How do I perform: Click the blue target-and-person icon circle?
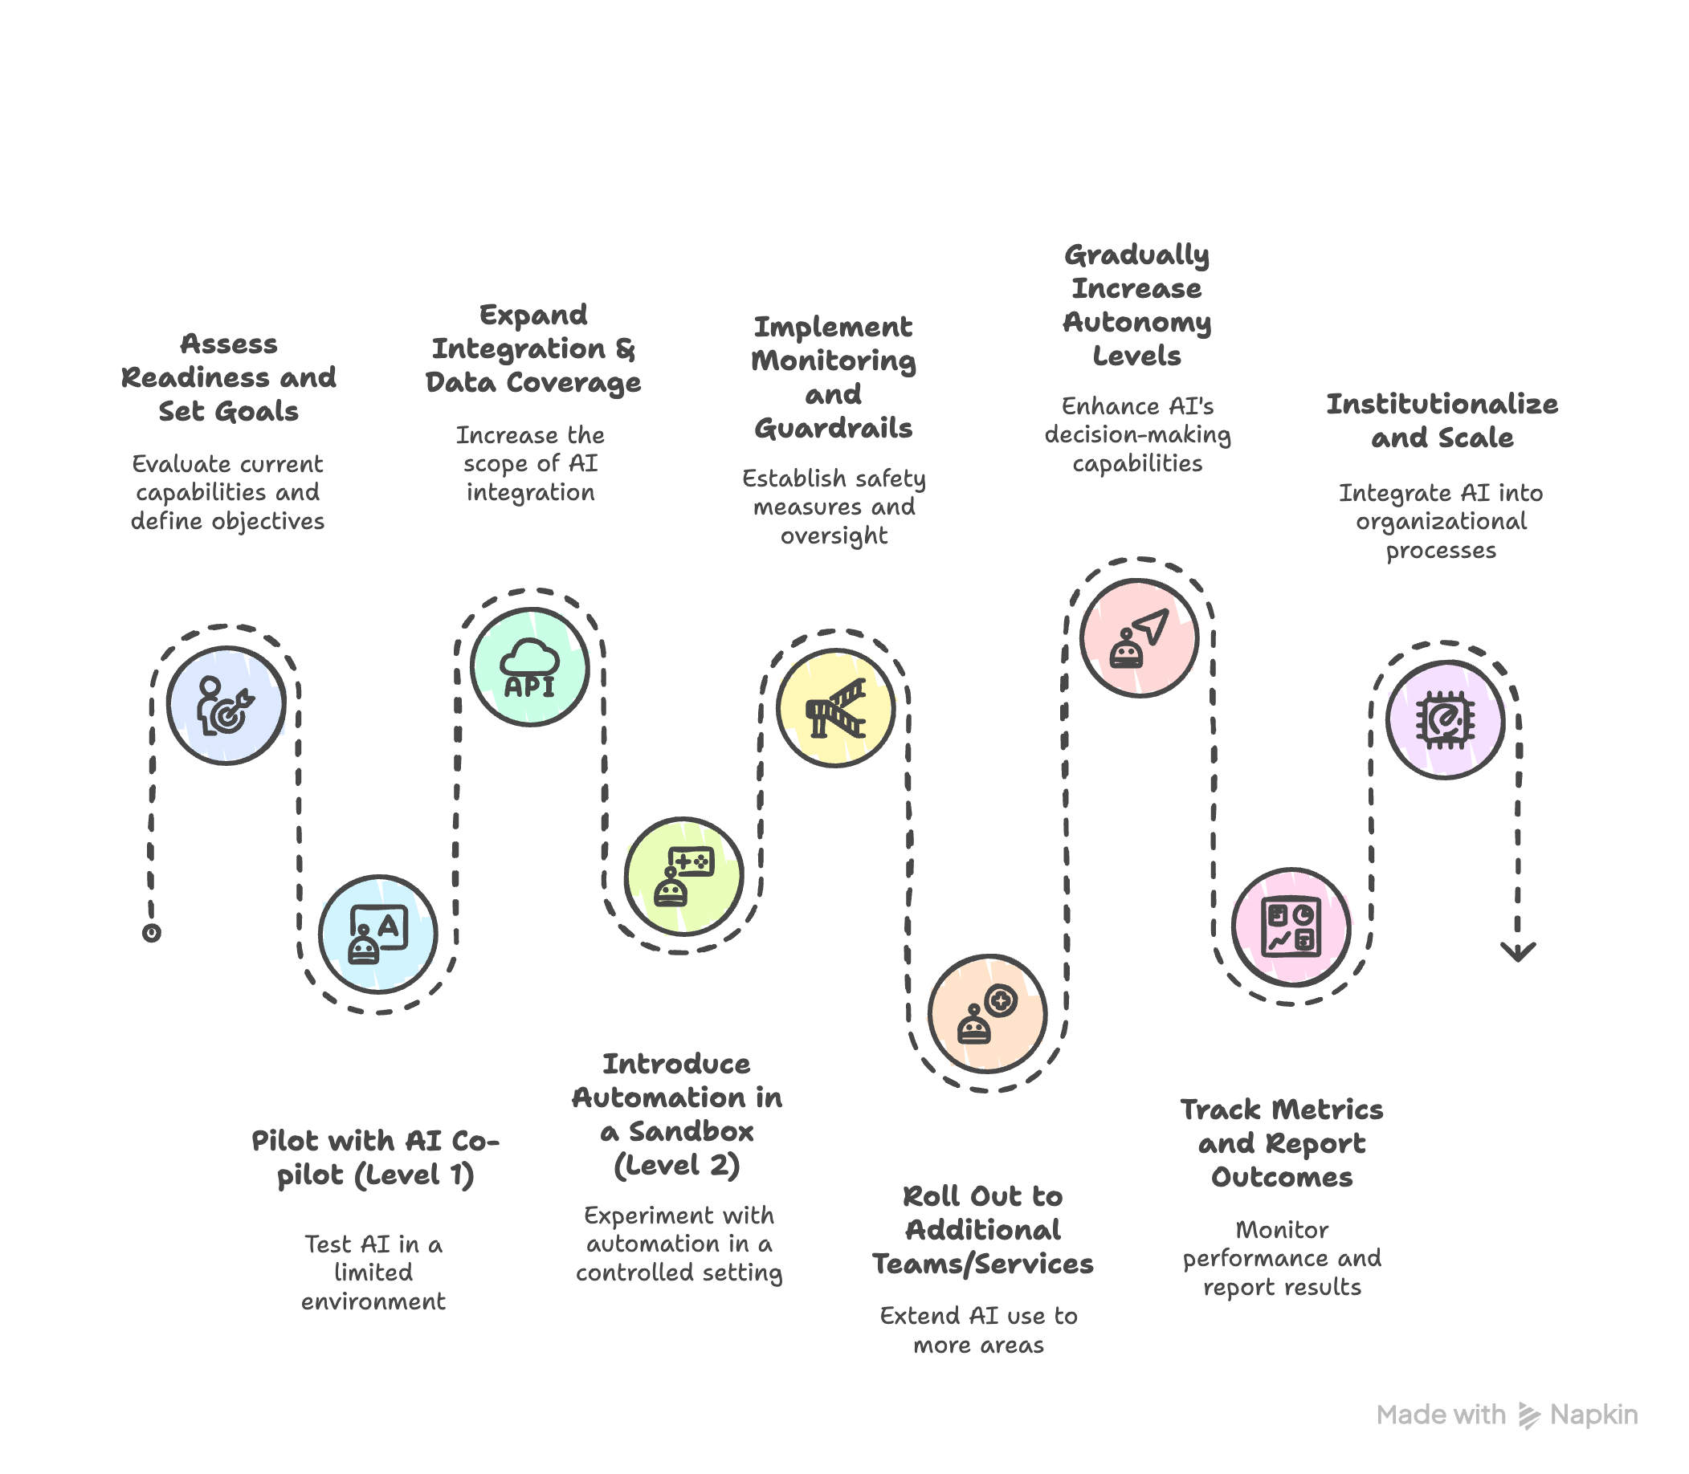coord(226,706)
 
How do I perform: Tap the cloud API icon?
coord(530,667)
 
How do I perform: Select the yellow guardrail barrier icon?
coord(836,707)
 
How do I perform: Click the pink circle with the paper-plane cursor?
coord(1139,637)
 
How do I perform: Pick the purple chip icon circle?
coord(1446,719)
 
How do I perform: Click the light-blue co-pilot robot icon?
coord(378,934)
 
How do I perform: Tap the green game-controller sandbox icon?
coord(683,876)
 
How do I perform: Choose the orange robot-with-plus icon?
coord(987,1013)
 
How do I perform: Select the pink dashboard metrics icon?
coord(1291,927)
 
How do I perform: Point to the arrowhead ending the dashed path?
coord(1518,952)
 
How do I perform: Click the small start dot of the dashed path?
coord(151,933)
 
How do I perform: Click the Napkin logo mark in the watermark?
coord(1528,1415)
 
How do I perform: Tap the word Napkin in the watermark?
coord(1593,1415)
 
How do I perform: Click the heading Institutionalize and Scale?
coord(1442,421)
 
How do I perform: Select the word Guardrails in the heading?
coord(834,428)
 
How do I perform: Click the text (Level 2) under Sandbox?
coord(677,1166)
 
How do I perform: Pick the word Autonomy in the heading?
coord(1137,323)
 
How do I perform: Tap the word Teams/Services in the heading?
coord(983,1264)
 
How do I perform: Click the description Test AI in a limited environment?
coord(373,1272)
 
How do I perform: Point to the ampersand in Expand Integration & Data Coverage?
coord(626,349)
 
